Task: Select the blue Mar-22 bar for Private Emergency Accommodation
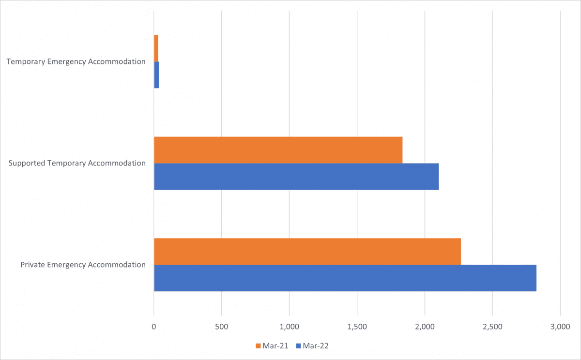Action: tap(345, 278)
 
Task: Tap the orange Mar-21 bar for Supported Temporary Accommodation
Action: tap(278, 150)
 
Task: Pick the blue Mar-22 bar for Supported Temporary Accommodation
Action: tap(296, 177)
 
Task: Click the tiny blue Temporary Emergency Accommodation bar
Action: tap(156, 75)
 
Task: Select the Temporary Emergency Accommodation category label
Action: tap(76, 61)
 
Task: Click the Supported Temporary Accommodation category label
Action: tap(77, 163)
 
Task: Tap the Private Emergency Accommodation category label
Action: tap(83, 265)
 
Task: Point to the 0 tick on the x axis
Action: tap(154, 327)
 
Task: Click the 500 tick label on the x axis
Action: tap(221, 327)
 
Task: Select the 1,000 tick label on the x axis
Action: tap(289, 327)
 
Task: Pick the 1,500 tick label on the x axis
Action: tap(357, 327)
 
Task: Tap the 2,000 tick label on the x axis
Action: tap(425, 327)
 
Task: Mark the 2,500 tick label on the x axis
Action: tap(492, 327)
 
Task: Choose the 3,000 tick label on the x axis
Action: tap(560, 327)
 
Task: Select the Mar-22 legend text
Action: tap(315, 346)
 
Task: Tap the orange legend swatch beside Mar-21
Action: tap(258, 346)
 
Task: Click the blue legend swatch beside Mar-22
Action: tap(299, 346)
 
